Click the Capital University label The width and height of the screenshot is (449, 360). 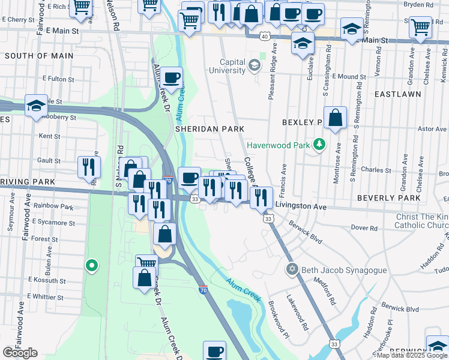(x=224, y=66)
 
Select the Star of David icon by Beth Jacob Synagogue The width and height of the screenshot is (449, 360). (x=292, y=269)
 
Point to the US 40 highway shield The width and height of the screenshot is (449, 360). (x=264, y=37)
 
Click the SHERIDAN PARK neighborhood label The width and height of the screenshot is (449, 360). (x=209, y=129)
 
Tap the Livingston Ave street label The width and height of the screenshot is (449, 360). (x=300, y=206)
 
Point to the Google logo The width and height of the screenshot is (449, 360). (x=20, y=352)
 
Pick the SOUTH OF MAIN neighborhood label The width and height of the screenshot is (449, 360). (x=39, y=56)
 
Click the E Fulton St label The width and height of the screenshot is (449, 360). (x=58, y=79)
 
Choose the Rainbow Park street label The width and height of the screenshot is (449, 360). (x=53, y=207)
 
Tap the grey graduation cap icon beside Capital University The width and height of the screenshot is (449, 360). (x=255, y=64)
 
